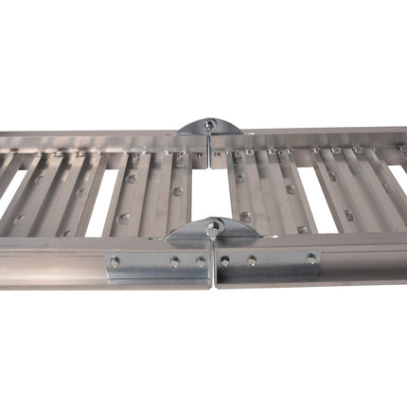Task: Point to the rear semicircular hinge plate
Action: point(208,127)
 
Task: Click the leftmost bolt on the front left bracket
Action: point(115,262)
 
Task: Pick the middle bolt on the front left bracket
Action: point(174,261)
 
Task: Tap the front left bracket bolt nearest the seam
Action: point(201,261)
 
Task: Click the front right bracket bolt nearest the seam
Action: point(225,260)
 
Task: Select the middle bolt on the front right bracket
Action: point(251,259)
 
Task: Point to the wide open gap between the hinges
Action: point(209,185)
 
